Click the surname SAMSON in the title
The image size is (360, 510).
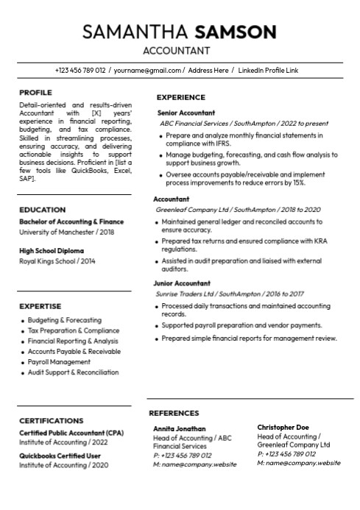click(x=235, y=32)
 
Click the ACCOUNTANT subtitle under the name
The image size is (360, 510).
click(x=176, y=51)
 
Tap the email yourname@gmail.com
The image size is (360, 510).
click(x=147, y=71)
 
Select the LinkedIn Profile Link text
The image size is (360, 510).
click(x=269, y=71)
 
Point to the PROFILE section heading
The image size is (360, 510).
click(x=35, y=93)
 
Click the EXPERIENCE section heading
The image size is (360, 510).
click(x=181, y=97)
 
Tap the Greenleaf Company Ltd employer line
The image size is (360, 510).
click(x=238, y=210)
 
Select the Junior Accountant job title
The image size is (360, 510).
click(x=182, y=283)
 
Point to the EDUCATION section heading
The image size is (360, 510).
click(x=42, y=210)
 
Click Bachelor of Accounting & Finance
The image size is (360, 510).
click(x=71, y=222)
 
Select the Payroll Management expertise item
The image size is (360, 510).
click(x=59, y=362)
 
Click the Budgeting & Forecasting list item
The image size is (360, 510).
click(x=65, y=321)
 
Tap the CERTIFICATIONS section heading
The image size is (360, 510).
click(x=51, y=421)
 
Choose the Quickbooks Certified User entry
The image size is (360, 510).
click(x=60, y=456)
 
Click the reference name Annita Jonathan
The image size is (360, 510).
click(x=180, y=428)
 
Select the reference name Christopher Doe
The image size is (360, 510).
click(x=283, y=428)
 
